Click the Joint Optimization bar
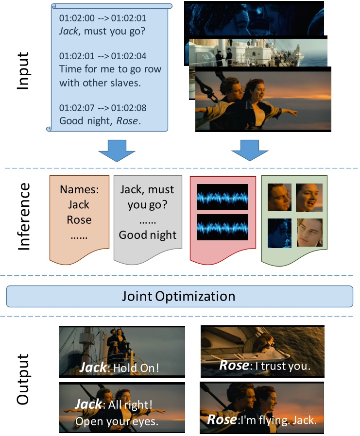click(x=179, y=296)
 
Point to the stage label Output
click(x=23, y=379)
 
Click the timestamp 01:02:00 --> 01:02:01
click(x=103, y=18)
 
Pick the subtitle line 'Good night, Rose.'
click(x=100, y=121)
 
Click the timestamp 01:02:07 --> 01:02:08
click(x=103, y=108)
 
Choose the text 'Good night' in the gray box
click(x=148, y=235)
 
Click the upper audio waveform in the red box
click(x=222, y=197)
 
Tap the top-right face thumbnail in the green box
click(x=309, y=197)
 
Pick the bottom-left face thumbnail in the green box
click(x=279, y=233)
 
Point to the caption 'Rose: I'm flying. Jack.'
click(x=262, y=420)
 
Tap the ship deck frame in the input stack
click(x=255, y=51)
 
